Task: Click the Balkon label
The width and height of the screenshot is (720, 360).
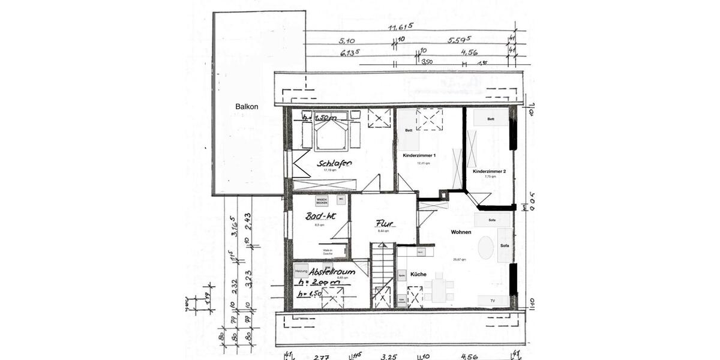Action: (x=247, y=107)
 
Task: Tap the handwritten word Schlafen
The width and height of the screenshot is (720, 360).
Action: (x=335, y=163)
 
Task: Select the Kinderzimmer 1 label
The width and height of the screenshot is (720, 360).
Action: (x=419, y=155)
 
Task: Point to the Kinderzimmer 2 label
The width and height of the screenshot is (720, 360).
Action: (x=489, y=172)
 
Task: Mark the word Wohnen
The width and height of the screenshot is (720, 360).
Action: (x=461, y=232)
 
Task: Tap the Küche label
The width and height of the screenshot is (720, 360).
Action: (x=418, y=274)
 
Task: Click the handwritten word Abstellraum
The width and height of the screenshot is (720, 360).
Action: (x=333, y=271)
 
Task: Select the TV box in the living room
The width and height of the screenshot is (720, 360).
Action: (x=493, y=301)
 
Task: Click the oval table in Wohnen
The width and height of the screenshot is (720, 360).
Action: (x=486, y=247)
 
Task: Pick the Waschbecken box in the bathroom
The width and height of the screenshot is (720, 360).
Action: (x=322, y=202)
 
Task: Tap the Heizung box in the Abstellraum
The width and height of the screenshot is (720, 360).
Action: (x=301, y=271)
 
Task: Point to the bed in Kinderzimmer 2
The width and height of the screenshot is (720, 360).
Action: (x=491, y=118)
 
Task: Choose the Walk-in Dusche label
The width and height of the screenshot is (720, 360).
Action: (x=328, y=252)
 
